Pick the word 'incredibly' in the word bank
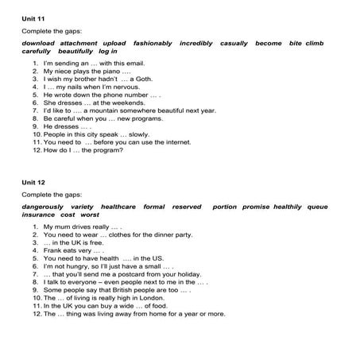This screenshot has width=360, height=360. click(x=195, y=42)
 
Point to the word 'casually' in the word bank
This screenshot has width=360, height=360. click(x=234, y=42)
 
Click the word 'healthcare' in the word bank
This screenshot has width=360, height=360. click(x=118, y=207)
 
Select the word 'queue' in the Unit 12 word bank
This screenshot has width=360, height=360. click(x=317, y=207)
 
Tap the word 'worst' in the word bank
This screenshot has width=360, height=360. click(x=90, y=215)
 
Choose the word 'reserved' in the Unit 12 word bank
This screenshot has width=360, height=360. click(x=187, y=207)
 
